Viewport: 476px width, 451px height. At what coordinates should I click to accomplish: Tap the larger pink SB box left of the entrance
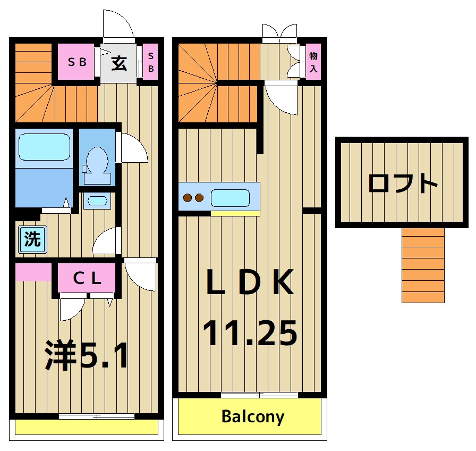[76, 62]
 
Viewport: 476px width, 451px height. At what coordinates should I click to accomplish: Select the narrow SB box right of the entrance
[151, 62]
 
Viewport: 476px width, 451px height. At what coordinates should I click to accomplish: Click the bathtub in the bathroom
[44, 146]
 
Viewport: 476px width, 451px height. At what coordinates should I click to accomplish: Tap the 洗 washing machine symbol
[32, 239]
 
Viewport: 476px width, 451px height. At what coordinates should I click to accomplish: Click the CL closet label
[87, 279]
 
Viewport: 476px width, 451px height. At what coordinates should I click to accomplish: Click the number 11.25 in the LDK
[249, 333]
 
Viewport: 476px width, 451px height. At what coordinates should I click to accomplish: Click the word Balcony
[252, 416]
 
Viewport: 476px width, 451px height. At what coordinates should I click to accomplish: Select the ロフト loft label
[403, 183]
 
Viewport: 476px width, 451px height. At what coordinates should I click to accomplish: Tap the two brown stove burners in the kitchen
[193, 198]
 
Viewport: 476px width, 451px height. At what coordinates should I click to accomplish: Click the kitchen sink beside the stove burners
[230, 198]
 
